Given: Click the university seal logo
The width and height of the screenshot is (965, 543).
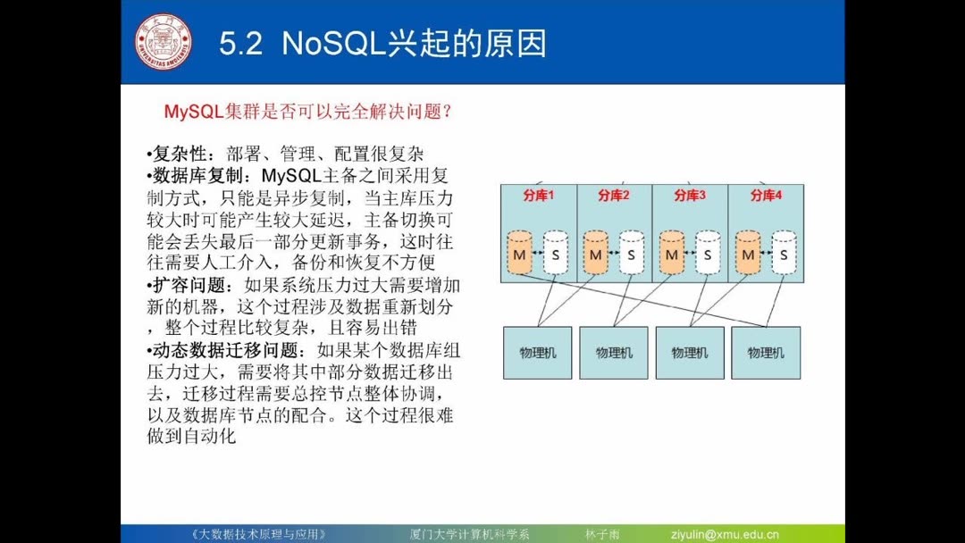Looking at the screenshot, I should pos(164,41).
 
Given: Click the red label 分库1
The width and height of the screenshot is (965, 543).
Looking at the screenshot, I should pos(539,196).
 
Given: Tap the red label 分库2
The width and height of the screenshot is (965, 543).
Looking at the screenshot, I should pos(614,196).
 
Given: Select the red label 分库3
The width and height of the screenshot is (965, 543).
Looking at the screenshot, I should pos(690,196).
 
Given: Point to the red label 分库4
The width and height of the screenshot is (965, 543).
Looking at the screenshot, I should pos(766,196).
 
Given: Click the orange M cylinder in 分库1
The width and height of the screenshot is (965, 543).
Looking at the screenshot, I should pos(519,253).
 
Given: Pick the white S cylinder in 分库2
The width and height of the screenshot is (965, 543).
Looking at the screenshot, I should pos(631,253).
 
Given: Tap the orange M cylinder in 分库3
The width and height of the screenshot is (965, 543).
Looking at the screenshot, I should pos(671,253).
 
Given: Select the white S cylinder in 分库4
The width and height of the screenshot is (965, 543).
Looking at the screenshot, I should pos(784,253).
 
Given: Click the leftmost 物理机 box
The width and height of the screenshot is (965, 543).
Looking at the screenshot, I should pos(537,353).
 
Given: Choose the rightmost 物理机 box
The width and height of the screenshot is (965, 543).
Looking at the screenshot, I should pos(766,353).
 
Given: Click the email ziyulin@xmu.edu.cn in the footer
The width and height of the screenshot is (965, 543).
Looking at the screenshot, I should pos(725,534).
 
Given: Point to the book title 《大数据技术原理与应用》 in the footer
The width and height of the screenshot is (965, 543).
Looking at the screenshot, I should pos(259,534).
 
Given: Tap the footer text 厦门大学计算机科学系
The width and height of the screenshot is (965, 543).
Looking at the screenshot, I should pos(464,534).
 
